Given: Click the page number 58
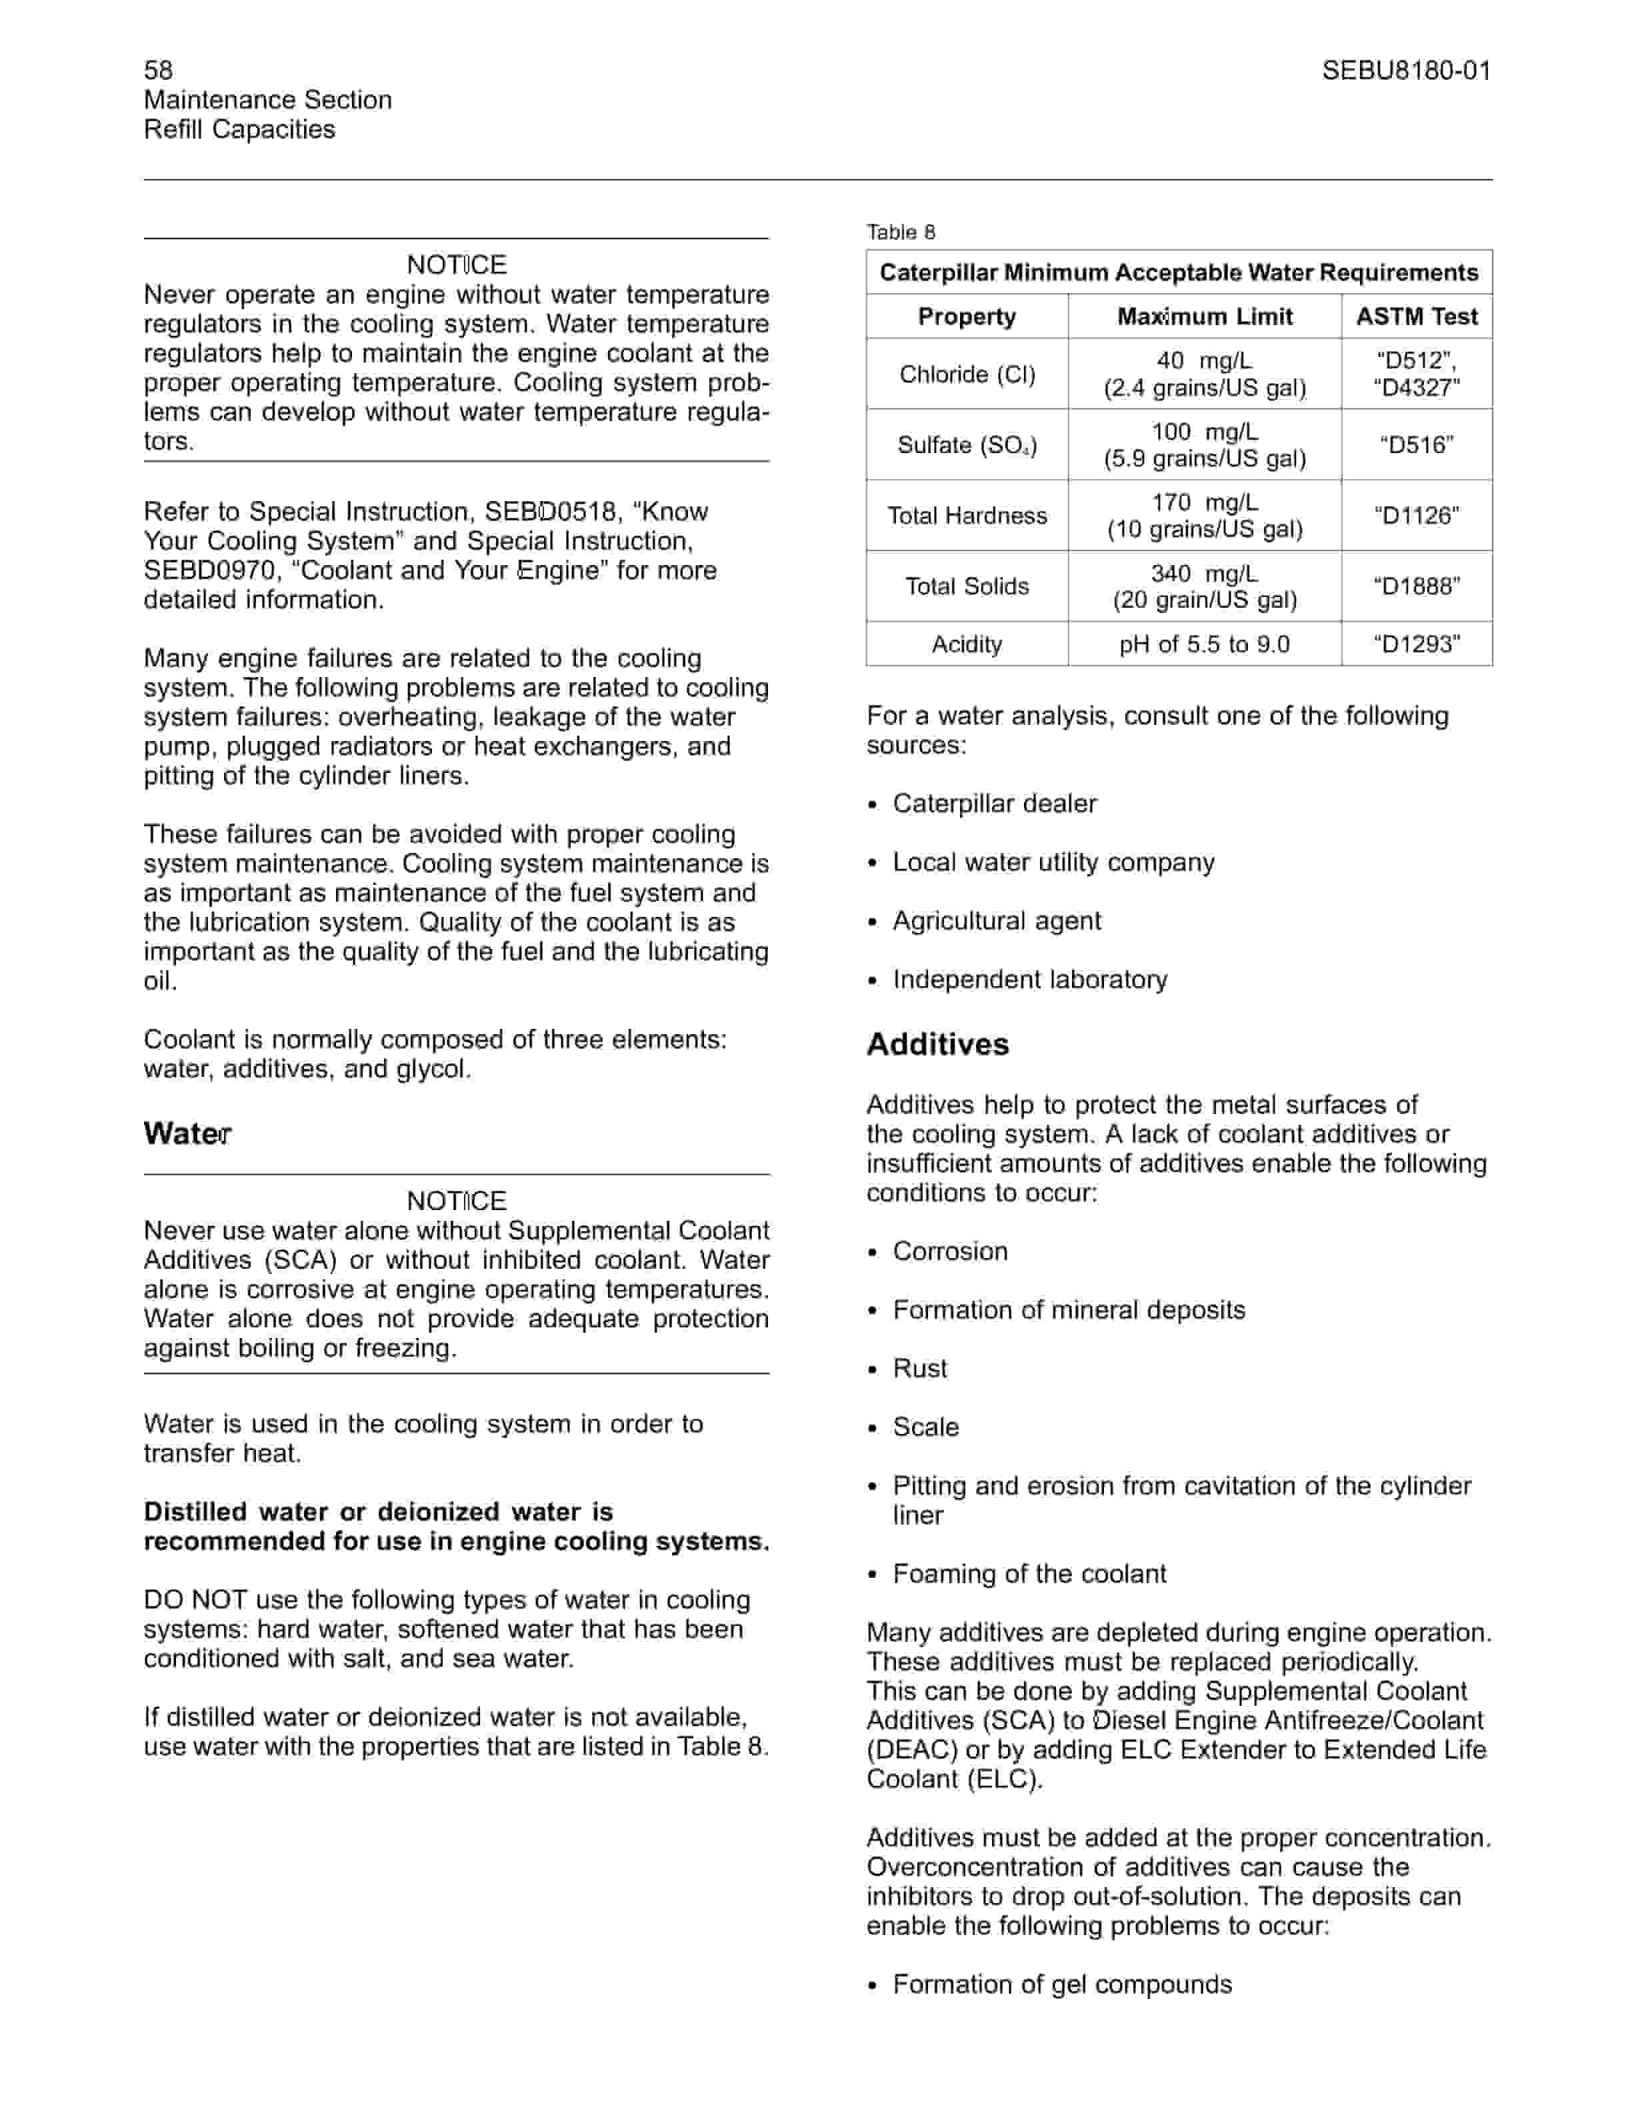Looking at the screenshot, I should [159, 69].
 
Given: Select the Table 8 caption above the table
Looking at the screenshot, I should [900, 232].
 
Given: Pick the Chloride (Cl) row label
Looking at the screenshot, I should [967, 374].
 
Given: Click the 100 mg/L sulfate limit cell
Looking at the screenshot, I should [1205, 444].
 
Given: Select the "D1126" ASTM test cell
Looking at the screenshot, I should [1417, 515].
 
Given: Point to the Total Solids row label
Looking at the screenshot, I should [967, 586].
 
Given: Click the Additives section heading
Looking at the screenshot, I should [938, 1045].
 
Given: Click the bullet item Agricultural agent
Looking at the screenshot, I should [997, 921].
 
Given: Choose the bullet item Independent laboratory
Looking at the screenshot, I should [1030, 980].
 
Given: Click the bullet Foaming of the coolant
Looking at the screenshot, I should [1030, 1575].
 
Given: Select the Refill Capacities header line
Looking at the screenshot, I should [240, 129].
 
